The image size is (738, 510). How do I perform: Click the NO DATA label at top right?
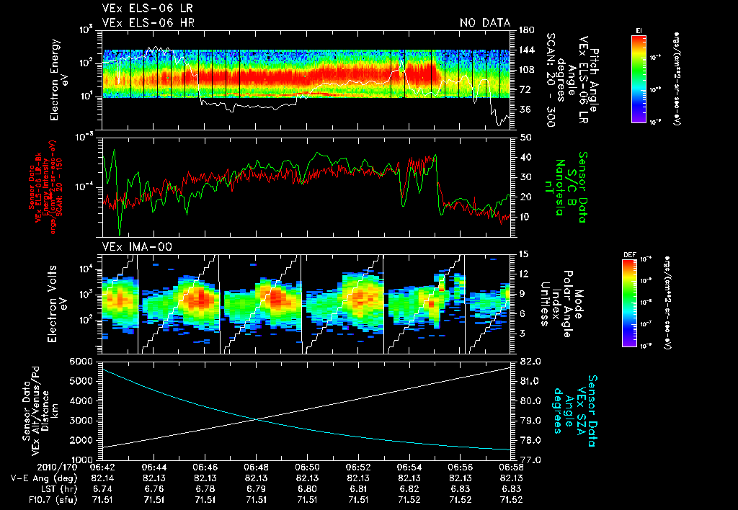[484, 22]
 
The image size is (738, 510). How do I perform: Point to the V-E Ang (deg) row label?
[38, 478]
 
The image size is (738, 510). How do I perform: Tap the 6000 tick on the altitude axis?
[82, 361]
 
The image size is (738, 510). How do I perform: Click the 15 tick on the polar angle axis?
[521, 254]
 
